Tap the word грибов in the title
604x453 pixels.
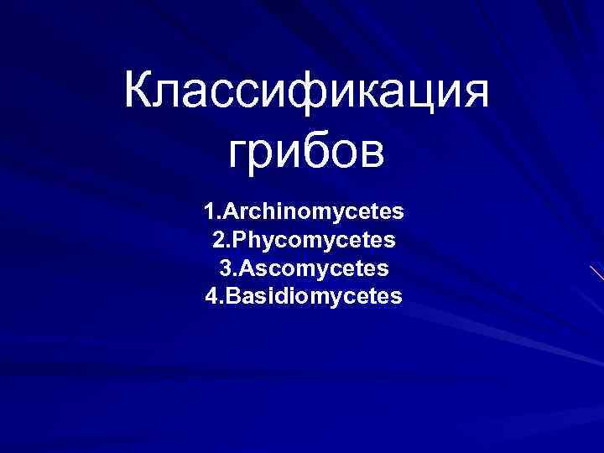pos(306,153)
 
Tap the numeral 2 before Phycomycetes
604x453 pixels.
pos(217,241)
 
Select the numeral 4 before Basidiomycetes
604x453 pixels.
pos(211,296)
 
